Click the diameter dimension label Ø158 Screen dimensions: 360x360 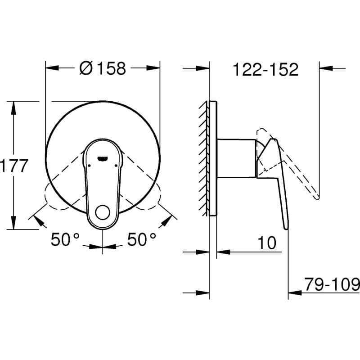tap(103, 68)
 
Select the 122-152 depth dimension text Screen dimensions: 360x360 tap(265, 70)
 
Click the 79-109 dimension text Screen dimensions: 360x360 tap(332, 284)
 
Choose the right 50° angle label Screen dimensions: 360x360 tap(142, 240)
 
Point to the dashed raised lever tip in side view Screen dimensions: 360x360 tap(317, 196)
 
